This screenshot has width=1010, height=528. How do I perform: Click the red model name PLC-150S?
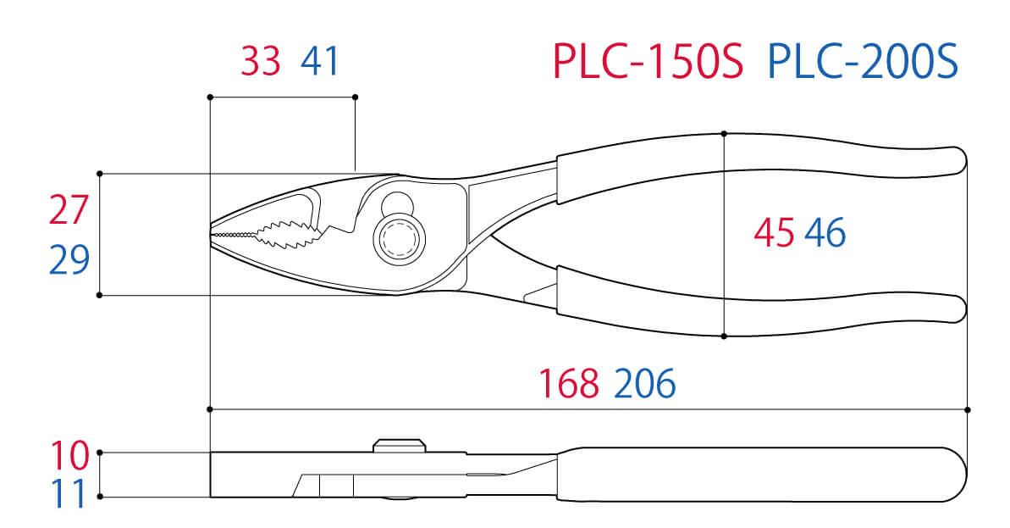pos(648,62)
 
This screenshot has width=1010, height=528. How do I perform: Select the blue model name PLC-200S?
pos(864,62)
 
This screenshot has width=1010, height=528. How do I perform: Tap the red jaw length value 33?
pos(261,62)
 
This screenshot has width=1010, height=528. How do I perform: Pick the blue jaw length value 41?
pos(319,62)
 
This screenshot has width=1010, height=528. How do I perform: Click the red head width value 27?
pos(69,210)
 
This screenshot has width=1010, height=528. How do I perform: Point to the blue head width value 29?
pos(69,260)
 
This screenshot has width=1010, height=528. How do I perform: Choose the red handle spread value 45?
pos(774,233)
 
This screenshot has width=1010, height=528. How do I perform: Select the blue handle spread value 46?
pos(825,233)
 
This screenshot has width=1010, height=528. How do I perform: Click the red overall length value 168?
pos(568,384)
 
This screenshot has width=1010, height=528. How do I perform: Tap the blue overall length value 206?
pos(645,384)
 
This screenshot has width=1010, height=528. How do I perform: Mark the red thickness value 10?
pos(69,456)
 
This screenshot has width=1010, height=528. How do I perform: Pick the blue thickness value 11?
pos(69,494)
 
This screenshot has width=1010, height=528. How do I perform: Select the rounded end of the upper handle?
pos(958,160)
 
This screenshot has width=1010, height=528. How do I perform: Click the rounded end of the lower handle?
pos(958,310)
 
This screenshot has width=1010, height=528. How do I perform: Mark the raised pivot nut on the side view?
pos(400,446)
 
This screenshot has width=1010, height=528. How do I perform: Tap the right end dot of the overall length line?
pos(968,409)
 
